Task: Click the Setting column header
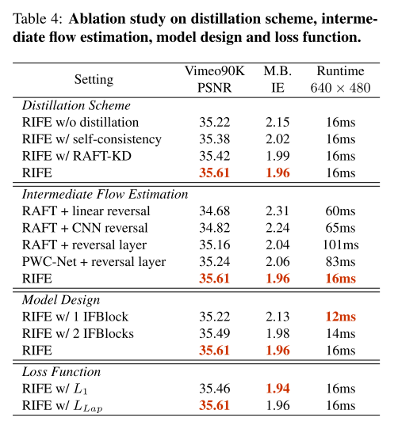coord(94,80)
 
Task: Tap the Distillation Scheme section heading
coord(77,105)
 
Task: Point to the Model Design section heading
coord(61,300)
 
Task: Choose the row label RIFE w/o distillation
coord(81,123)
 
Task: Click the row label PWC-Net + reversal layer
coord(94,261)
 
